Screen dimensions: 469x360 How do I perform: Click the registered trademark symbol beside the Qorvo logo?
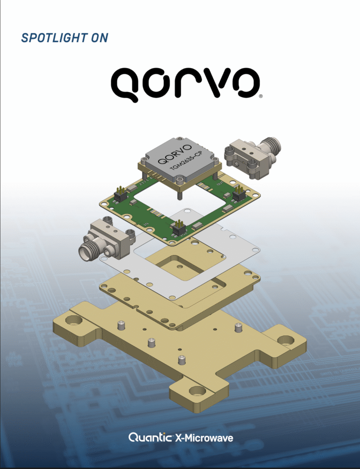[261, 96]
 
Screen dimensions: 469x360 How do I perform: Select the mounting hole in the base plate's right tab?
[285, 340]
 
